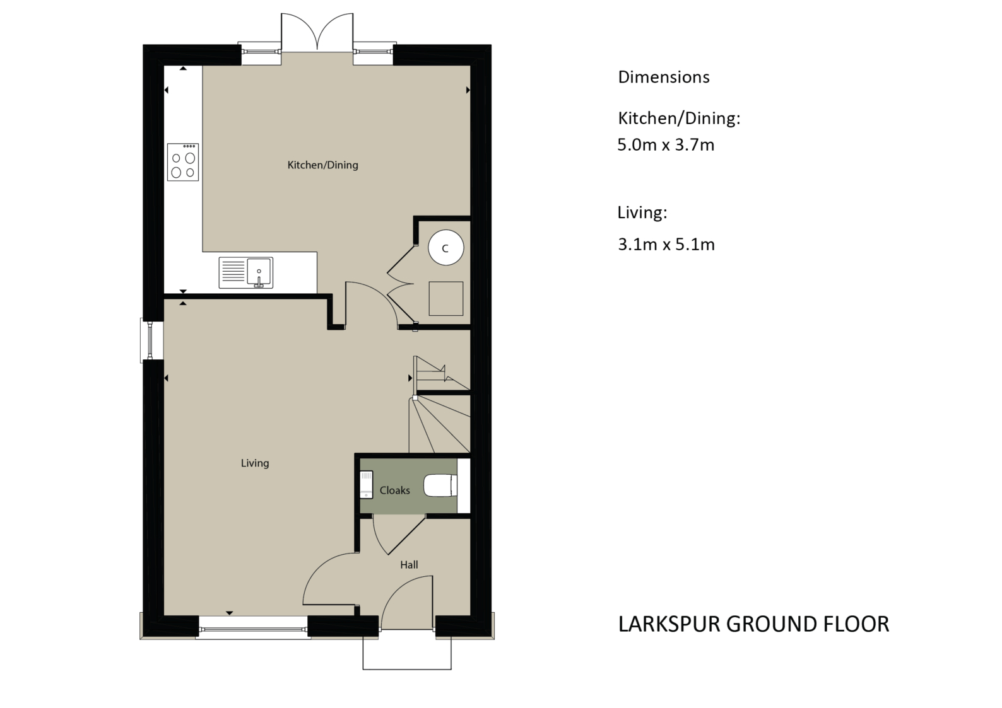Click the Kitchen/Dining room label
(x=322, y=165)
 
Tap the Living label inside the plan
(x=255, y=463)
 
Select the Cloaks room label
(x=394, y=490)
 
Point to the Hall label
(x=409, y=565)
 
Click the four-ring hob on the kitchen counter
(x=183, y=162)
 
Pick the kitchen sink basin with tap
(x=259, y=272)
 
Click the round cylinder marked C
(x=445, y=248)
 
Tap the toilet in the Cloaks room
(x=439, y=486)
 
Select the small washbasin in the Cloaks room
(x=366, y=485)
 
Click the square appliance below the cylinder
(x=446, y=298)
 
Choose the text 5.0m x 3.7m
(x=666, y=145)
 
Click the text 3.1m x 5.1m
(x=666, y=245)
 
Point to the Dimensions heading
(x=663, y=77)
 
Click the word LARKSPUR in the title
(x=669, y=624)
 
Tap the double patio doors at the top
(x=317, y=35)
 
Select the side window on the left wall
(x=151, y=340)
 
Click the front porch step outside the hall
(x=407, y=653)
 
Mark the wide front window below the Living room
(x=252, y=629)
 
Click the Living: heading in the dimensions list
(x=642, y=212)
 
